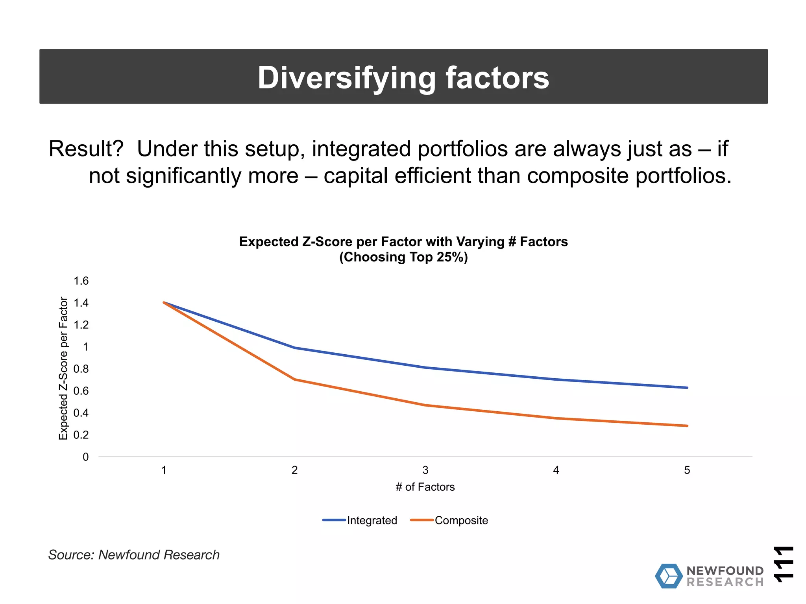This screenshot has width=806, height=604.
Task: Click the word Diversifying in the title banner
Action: tap(346, 77)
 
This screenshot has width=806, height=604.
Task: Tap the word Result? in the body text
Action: tap(86, 149)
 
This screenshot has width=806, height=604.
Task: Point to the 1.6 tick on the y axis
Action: tap(81, 281)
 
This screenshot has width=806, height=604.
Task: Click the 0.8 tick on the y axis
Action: tap(81, 369)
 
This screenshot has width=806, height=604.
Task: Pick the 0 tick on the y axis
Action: tap(85, 457)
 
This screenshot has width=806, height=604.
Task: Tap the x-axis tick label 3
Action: tap(425, 470)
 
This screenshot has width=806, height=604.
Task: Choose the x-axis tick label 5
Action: tap(687, 470)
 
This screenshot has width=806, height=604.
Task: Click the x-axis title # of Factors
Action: tap(425, 487)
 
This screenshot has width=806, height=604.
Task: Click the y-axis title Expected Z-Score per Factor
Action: tap(63, 368)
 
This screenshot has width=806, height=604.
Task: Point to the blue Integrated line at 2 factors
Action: tap(295, 348)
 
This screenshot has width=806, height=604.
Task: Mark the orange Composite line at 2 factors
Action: tap(295, 379)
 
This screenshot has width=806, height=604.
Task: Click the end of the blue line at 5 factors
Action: tap(687, 388)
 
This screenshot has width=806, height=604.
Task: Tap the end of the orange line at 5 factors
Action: tap(687, 426)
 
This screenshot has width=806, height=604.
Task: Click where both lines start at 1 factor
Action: tap(164, 302)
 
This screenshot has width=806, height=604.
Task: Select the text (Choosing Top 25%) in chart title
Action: tap(403, 257)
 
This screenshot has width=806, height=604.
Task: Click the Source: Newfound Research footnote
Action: tap(134, 555)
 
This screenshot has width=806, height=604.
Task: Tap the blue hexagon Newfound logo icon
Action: tap(669, 576)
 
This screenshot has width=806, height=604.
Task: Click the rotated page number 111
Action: tap(783, 563)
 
